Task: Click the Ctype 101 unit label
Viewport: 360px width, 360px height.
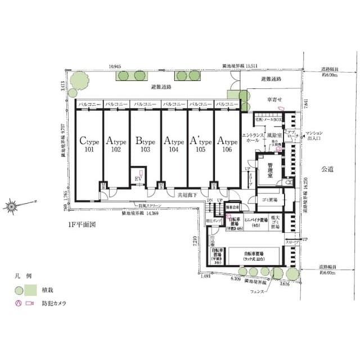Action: tap(89, 145)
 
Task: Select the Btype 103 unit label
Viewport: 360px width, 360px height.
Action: tap(145, 145)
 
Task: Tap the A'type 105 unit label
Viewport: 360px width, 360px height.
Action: tap(201, 145)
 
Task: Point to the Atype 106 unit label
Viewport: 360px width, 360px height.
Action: tap(228, 145)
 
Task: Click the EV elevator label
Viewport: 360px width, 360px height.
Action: tap(138, 179)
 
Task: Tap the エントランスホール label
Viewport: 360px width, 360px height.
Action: tap(250, 138)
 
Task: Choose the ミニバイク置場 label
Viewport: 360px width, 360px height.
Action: tap(260, 222)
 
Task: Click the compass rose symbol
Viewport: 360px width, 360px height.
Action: tap(11, 206)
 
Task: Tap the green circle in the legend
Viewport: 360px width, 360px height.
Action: tap(19, 291)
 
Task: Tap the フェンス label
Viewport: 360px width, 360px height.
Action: tap(258, 292)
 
